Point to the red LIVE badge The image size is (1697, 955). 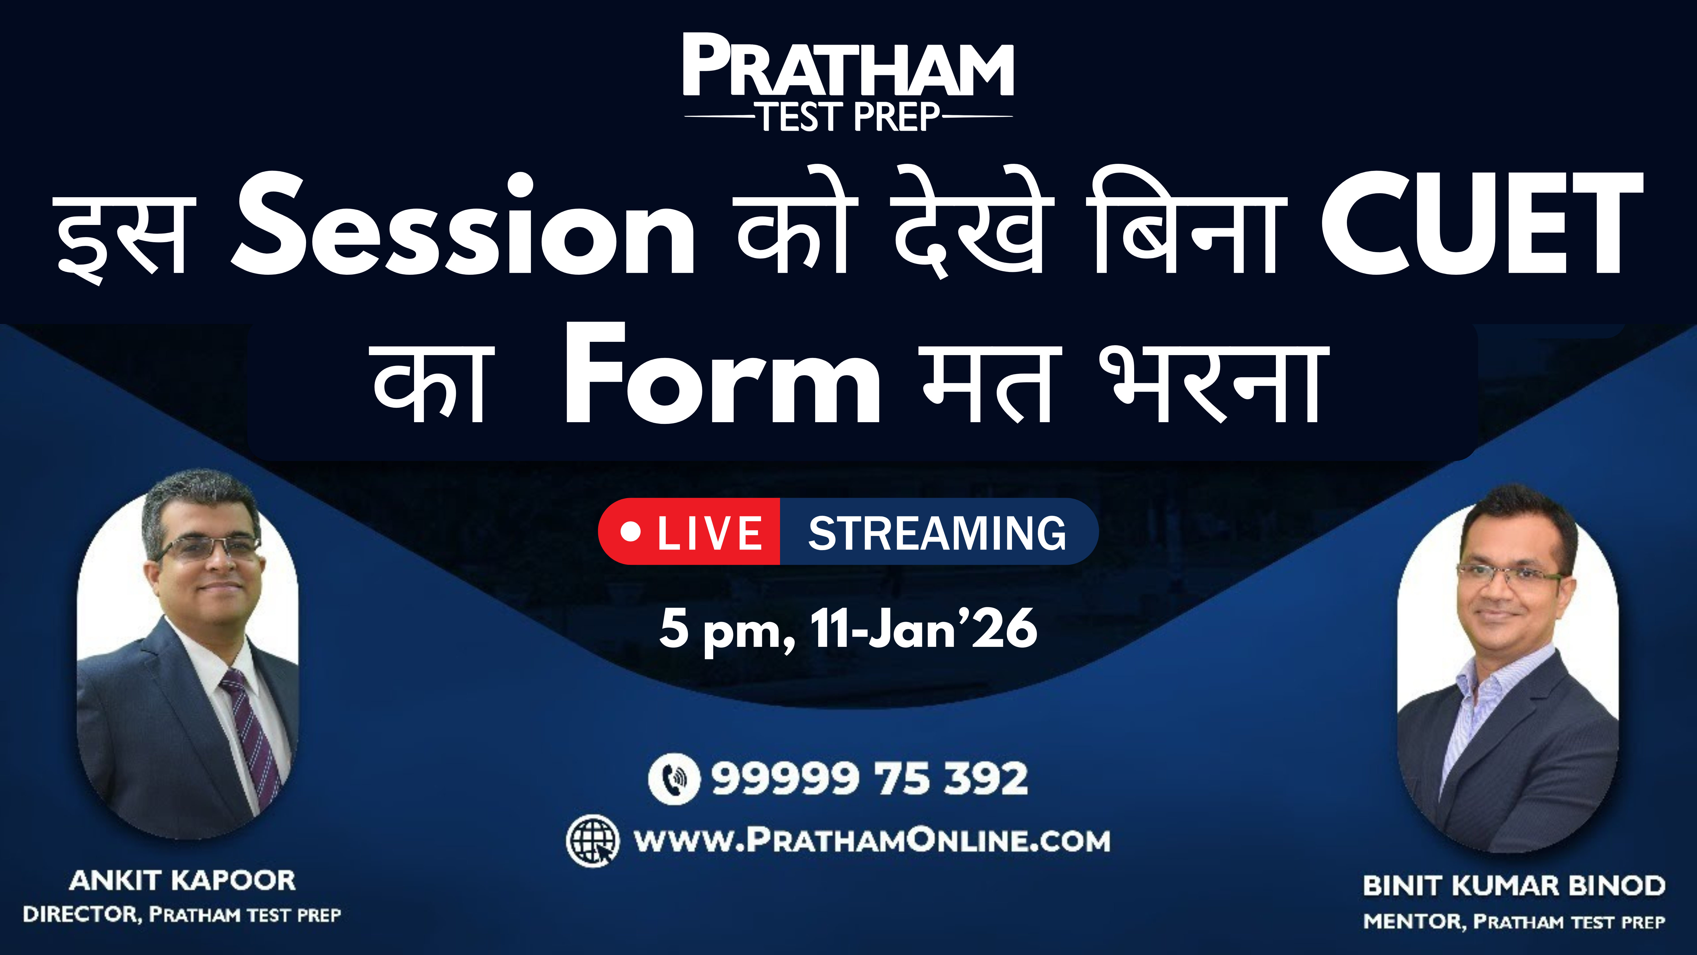pyautogui.click(x=689, y=531)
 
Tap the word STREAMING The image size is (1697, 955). pyautogui.click(x=937, y=533)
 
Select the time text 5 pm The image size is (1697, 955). pyautogui.click(x=727, y=630)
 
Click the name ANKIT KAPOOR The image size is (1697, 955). pyautogui.click(x=182, y=881)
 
